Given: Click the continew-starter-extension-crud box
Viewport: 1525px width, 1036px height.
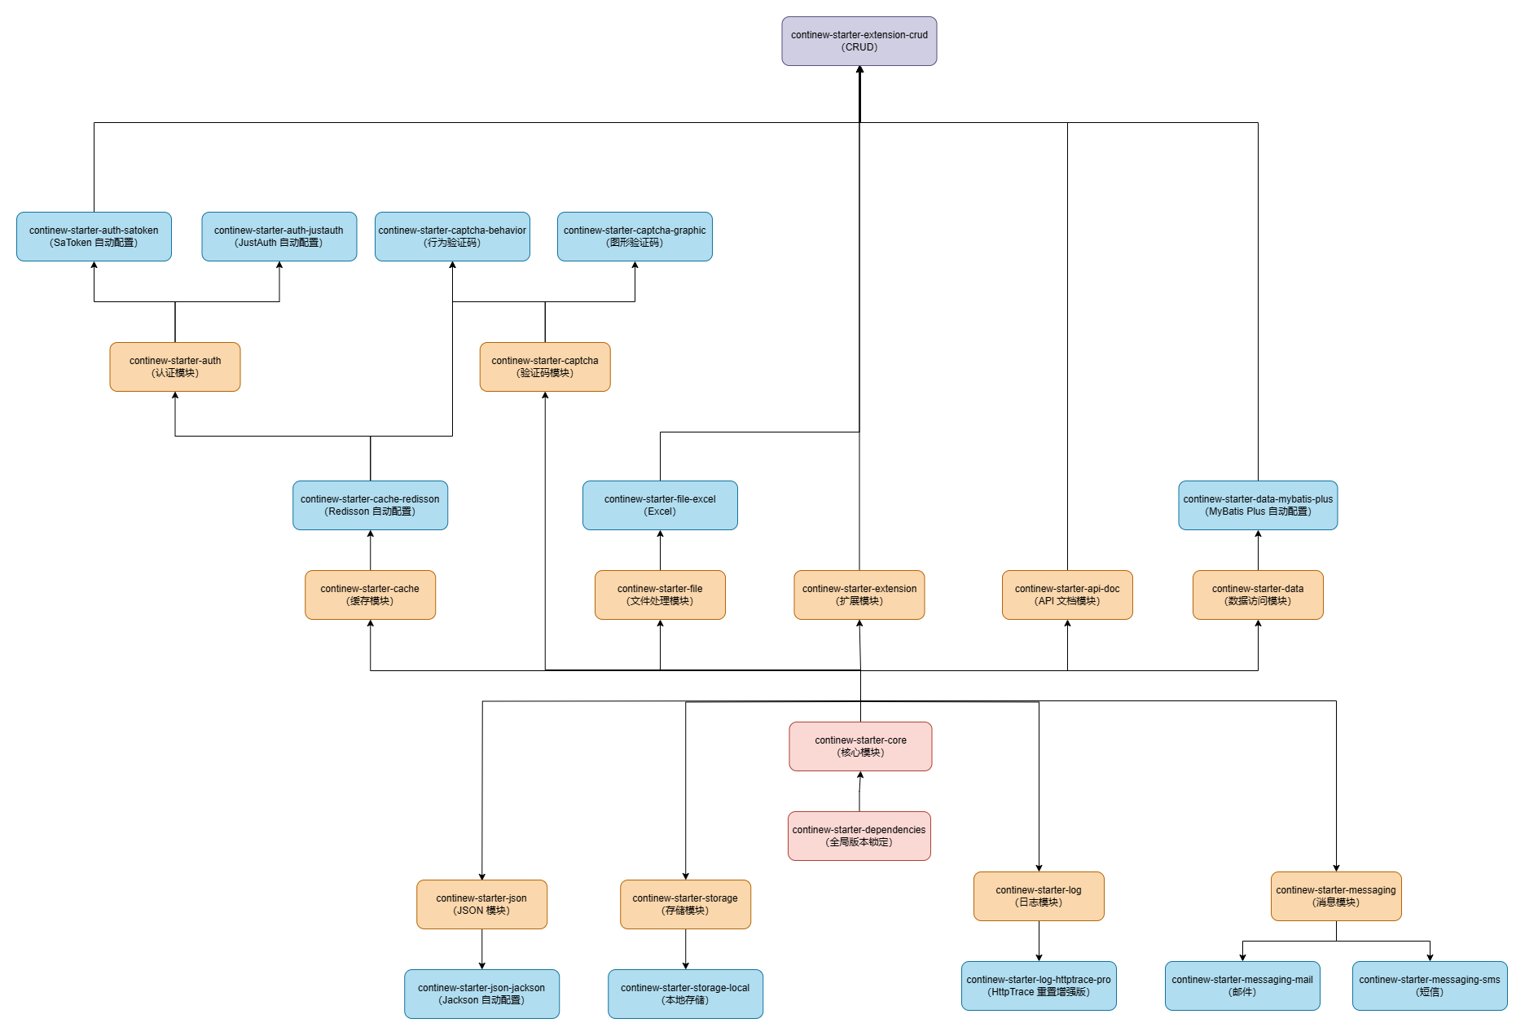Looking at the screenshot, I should (x=859, y=41).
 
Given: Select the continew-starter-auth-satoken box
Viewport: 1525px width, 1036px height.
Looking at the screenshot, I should (x=94, y=236).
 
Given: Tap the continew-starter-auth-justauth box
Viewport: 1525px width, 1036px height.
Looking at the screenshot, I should (x=279, y=236).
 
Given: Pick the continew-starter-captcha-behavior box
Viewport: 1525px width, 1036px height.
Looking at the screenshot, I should (x=452, y=236).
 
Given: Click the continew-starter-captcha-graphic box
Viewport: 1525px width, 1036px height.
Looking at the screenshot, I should (x=635, y=236).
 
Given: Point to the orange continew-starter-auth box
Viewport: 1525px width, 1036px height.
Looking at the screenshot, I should (x=175, y=367).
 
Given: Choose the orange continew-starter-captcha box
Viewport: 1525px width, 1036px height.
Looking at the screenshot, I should (x=545, y=367).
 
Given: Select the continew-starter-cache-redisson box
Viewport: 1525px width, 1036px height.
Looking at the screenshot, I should (x=370, y=505).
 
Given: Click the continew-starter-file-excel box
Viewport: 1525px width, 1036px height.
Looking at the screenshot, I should (x=660, y=505).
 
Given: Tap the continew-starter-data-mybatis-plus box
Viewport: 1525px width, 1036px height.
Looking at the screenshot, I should (x=1258, y=505).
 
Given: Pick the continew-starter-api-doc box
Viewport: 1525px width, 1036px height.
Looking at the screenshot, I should (x=1067, y=595).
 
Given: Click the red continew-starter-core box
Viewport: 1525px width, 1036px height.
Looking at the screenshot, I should (x=860, y=746).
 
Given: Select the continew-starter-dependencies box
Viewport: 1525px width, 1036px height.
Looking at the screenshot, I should (x=859, y=836).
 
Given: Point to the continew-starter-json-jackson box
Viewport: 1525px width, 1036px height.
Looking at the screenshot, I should (x=481, y=994).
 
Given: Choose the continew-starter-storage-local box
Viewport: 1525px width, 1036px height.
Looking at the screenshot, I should (x=685, y=994).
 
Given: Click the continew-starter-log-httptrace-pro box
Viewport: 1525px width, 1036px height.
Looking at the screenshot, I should (x=1039, y=986).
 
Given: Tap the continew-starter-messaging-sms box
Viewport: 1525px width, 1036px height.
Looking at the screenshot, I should (x=1430, y=986).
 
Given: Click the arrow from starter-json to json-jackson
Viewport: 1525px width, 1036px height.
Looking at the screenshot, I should (x=482, y=949).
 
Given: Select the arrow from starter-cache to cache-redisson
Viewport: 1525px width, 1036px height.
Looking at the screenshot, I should (x=371, y=551).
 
